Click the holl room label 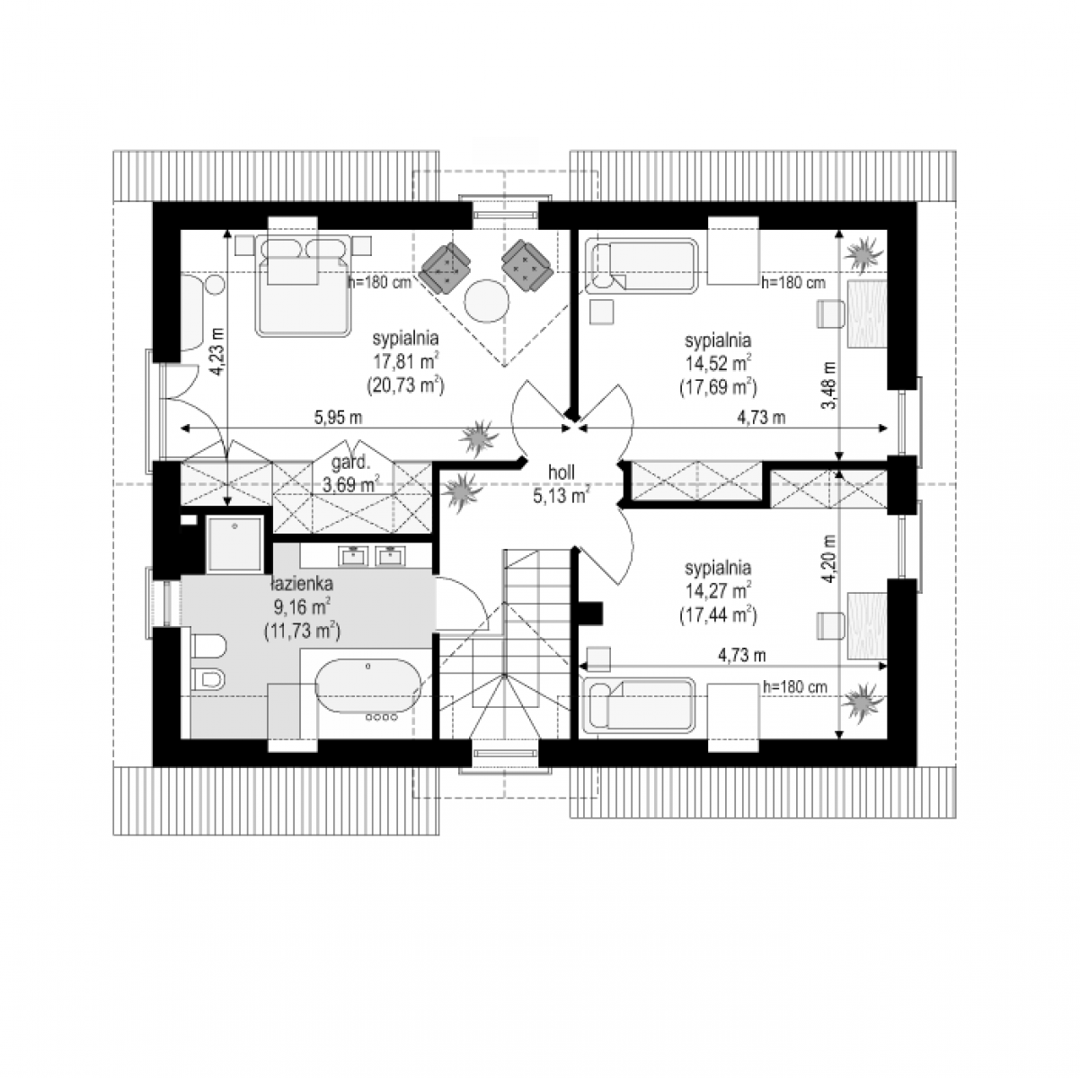(561, 473)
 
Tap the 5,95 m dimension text (338, 418)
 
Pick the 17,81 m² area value (406, 361)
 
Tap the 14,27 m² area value (718, 591)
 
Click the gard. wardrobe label (350, 463)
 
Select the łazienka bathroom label (302, 584)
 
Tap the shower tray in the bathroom (235, 544)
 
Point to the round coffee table (487, 300)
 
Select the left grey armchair (446, 268)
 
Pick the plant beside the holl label (462, 491)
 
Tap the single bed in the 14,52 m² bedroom (642, 266)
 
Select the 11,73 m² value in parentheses (302, 632)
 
